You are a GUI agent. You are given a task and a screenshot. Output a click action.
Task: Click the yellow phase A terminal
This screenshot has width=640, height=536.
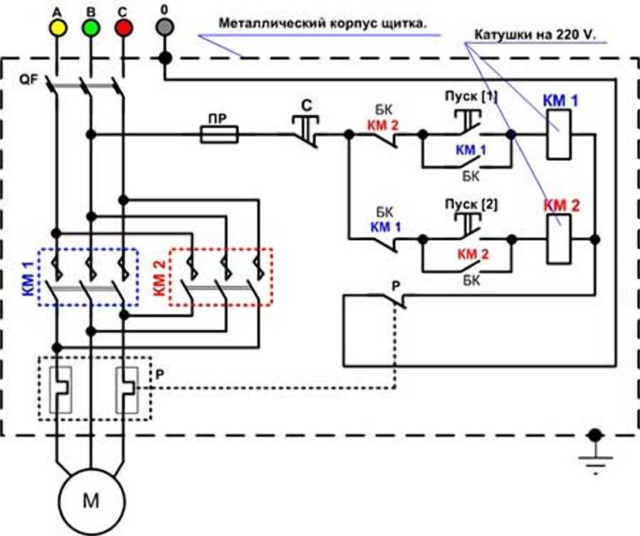click(58, 28)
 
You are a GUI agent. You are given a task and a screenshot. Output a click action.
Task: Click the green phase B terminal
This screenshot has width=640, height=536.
click(90, 28)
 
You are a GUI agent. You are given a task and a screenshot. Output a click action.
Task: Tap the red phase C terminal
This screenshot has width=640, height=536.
click(123, 28)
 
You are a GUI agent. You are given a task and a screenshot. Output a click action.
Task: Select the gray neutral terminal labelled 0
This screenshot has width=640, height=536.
click(165, 27)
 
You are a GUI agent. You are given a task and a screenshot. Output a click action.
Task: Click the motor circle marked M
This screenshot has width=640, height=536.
click(90, 501)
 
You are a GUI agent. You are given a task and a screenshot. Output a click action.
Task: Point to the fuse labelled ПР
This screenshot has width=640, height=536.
click(219, 135)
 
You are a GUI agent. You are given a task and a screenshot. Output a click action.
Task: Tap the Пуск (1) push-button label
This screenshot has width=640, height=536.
click(471, 97)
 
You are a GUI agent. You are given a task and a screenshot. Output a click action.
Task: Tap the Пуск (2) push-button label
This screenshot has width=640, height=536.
click(471, 204)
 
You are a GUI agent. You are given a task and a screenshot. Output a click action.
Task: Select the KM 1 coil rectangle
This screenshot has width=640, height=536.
click(559, 135)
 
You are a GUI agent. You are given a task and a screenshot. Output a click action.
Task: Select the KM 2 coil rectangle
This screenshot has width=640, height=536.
click(559, 238)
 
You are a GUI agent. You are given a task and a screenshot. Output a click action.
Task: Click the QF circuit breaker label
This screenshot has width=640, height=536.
click(28, 80)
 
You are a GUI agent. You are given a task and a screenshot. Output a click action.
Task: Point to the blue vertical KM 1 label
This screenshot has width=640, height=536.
click(28, 279)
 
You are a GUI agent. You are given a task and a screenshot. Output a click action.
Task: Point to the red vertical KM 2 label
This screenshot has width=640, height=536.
click(159, 278)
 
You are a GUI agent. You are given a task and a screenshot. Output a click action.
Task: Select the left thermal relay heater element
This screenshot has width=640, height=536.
click(61, 390)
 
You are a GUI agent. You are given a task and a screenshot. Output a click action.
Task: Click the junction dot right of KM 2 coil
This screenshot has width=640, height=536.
click(596, 239)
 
